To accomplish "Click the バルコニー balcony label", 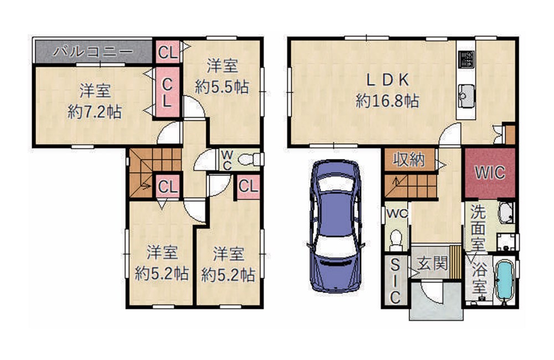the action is [93, 52].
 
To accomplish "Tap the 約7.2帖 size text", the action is [95, 112].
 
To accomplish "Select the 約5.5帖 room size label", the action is [222, 87].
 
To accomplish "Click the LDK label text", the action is [388, 80].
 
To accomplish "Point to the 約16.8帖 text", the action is [388, 101].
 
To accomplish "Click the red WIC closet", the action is [490, 173].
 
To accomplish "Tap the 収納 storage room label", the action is [409, 160].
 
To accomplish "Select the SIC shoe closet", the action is [396, 280].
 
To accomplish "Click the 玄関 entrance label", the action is [432, 264].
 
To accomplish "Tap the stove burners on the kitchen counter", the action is [466, 60].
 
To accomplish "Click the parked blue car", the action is [336, 227].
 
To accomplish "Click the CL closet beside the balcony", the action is [167, 52].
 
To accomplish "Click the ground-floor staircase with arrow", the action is [411, 186].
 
